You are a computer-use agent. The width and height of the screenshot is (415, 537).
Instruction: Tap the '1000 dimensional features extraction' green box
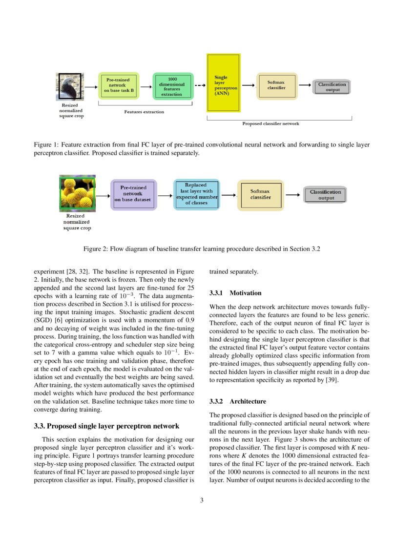(172, 86)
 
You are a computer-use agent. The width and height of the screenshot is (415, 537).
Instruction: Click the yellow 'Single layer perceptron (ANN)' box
(224, 83)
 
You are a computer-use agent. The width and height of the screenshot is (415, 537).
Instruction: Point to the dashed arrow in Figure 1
(200, 85)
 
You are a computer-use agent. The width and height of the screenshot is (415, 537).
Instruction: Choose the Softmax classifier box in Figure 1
(276, 85)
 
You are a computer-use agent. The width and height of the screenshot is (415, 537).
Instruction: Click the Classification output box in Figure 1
(332, 87)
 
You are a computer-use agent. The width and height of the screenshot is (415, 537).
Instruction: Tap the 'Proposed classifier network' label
(270, 124)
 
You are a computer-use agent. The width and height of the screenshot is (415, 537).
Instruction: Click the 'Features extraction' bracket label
(144, 112)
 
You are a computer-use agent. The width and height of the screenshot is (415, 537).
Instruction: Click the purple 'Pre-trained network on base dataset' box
(133, 193)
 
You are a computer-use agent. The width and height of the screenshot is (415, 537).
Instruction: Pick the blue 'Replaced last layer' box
(196, 194)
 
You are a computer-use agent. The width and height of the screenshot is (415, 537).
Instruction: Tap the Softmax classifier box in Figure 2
(261, 195)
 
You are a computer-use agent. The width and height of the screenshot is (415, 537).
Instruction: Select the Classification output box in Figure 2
(326, 195)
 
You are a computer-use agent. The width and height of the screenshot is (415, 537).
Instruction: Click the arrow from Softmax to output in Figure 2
(292, 195)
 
